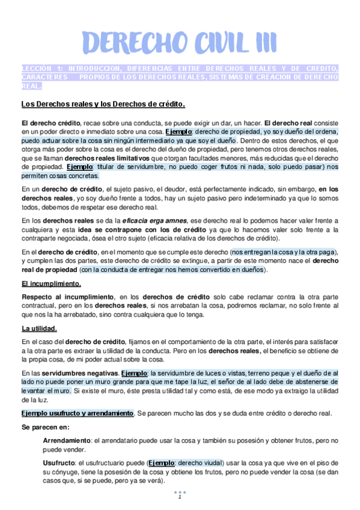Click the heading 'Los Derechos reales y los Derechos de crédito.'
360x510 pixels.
click(x=103, y=103)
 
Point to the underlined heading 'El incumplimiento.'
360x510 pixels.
click(x=51, y=283)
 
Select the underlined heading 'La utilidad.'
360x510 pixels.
click(x=39, y=328)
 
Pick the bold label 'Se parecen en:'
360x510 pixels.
click(x=45, y=427)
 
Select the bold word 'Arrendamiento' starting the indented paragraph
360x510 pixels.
click(x=67, y=440)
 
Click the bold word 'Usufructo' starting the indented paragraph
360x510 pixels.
click(x=59, y=463)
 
